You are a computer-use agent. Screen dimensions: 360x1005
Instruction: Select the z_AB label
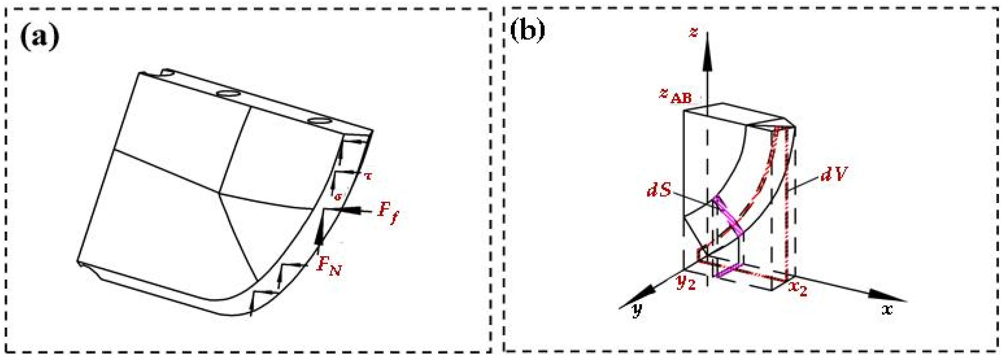[x=675, y=95]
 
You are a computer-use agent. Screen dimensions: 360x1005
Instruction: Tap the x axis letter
[x=887, y=310]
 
